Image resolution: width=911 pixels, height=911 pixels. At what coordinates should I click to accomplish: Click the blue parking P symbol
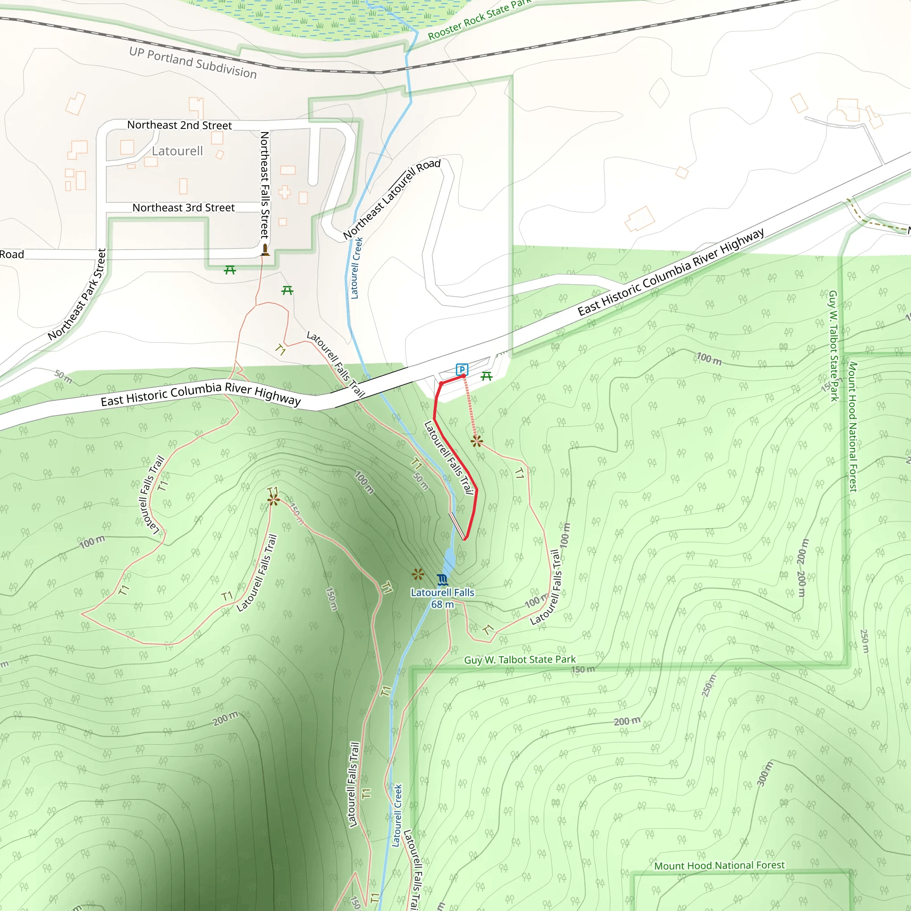462,369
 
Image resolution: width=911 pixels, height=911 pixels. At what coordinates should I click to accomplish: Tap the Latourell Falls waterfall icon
442,580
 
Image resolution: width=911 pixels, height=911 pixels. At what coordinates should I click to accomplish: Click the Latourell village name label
177,151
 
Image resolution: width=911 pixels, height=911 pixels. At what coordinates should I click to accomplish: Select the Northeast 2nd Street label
180,125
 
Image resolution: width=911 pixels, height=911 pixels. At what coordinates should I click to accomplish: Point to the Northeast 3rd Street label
183,207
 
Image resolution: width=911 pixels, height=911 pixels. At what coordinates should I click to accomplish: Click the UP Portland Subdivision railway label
193,63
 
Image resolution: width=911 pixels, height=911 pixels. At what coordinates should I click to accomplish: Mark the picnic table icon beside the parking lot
487,376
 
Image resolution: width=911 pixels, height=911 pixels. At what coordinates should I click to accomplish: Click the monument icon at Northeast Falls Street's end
265,250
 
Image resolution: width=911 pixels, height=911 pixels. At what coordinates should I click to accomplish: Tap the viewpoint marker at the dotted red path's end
477,441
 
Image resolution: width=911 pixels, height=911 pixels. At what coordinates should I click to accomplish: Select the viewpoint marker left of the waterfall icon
418,574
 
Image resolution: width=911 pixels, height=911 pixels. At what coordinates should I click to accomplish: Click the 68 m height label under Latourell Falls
442,605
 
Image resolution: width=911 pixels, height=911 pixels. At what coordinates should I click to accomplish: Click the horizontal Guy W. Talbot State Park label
520,660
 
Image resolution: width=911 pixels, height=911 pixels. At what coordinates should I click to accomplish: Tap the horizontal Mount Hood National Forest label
719,865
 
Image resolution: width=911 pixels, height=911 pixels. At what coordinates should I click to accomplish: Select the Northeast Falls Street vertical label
265,185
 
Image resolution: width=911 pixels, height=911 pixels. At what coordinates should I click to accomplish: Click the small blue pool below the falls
449,559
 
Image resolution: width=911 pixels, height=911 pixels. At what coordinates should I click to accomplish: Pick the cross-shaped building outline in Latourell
284,192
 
